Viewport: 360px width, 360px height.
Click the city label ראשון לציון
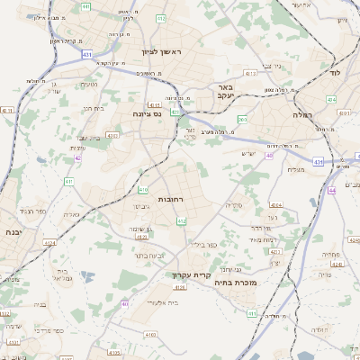[162, 52]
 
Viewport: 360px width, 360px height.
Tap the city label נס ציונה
[145, 113]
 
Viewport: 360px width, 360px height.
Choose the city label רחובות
[170, 198]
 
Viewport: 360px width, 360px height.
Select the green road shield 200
[242, 119]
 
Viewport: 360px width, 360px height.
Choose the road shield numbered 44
[331, 190]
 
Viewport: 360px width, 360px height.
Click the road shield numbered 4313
[250, 73]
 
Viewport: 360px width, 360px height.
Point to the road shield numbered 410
[143, 190]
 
